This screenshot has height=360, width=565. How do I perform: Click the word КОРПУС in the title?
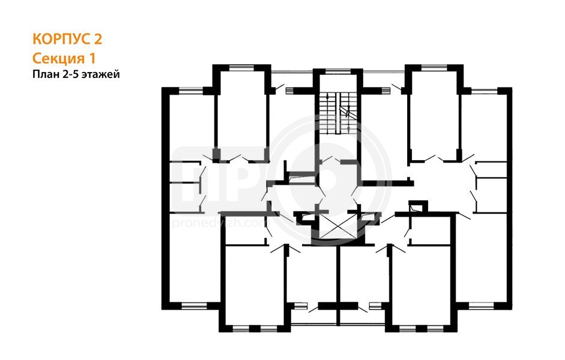[62, 39]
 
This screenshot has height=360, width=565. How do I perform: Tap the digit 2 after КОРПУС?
[98, 39]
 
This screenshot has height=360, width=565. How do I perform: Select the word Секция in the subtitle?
[58, 58]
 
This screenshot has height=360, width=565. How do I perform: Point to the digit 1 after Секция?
[92, 58]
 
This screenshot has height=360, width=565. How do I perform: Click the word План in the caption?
[43, 74]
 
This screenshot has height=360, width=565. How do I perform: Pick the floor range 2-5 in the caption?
[65, 74]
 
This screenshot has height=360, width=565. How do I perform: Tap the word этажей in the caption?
[98, 75]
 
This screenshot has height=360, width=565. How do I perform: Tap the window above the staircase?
[337, 71]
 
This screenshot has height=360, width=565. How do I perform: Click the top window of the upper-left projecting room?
[241, 67]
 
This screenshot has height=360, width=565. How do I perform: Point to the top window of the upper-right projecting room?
[434, 67]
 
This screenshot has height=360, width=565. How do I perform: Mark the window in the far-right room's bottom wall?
[482, 306]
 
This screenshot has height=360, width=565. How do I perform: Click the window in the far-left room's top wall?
[191, 91]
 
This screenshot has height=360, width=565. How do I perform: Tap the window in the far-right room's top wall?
[485, 91]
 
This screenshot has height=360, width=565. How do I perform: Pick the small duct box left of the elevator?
[306, 217]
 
